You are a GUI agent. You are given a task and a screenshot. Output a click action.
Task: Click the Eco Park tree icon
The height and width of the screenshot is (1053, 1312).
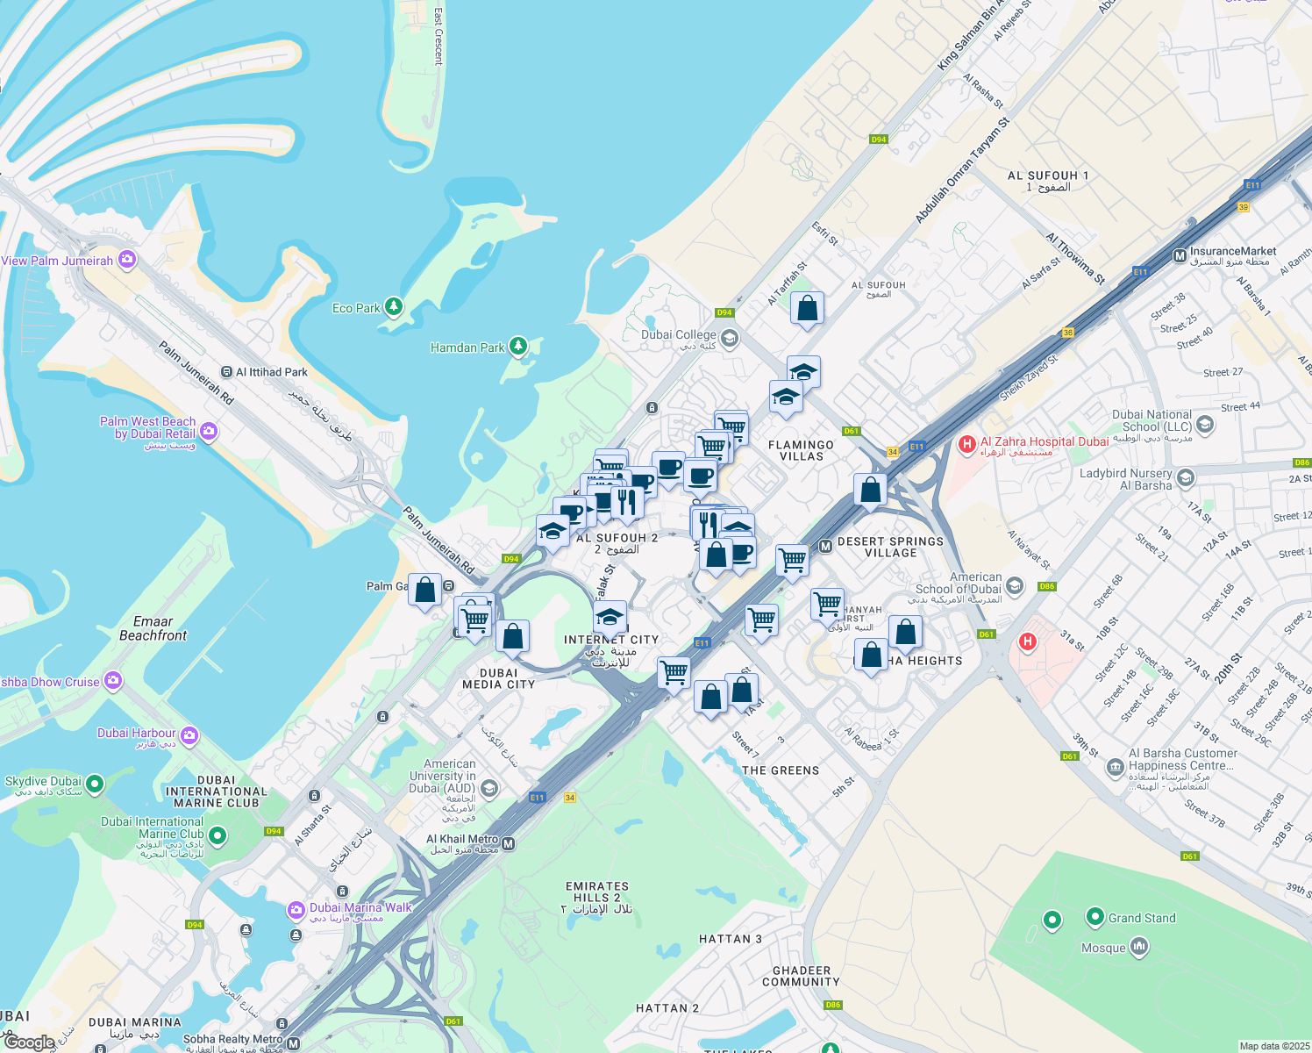pyautogui.click(x=394, y=306)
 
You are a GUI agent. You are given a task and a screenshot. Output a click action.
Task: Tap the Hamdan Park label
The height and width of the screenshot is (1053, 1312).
pyautogui.click(x=467, y=347)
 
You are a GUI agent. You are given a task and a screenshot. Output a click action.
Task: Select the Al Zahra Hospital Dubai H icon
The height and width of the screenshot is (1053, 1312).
pyautogui.click(x=967, y=445)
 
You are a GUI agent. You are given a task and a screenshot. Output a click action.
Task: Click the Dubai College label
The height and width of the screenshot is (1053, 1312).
pyautogui.click(x=678, y=334)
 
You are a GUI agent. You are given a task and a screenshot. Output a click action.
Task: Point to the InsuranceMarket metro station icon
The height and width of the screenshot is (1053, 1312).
pyautogui.click(x=1180, y=256)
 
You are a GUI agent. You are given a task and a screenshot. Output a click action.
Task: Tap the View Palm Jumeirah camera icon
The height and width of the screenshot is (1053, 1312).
pyautogui.click(x=128, y=259)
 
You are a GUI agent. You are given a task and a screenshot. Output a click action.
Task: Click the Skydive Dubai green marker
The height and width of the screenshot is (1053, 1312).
pyautogui.click(x=95, y=783)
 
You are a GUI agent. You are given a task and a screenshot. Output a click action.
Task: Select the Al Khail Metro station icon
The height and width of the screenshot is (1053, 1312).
pyautogui.click(x=509, y=843)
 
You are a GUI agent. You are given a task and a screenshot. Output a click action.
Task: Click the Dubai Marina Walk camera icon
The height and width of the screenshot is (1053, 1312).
pyautogui.click(x=296, y=910)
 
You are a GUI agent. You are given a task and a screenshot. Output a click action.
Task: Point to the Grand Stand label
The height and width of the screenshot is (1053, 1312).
pyautogui.click(x=1142, y=918)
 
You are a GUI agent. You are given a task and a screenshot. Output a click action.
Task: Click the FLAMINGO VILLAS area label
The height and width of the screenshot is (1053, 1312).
pyautogui.click(x=801, y=450)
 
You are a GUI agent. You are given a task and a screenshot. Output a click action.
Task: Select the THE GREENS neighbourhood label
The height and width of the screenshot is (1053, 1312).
pyautogui.click(x=781, y=770)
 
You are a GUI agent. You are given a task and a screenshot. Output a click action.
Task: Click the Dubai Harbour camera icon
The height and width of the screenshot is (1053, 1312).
pyautogui.click(x=189, y=734)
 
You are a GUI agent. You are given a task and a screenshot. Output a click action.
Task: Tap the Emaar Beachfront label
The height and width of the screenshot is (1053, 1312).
pyautogui.click(x=153, y=628)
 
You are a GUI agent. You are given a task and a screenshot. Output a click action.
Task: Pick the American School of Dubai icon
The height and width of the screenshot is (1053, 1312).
pyautogui.click(x=1014, y=586)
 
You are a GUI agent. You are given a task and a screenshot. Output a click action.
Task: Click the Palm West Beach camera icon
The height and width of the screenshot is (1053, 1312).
pyautogui.click(x=209, y=431)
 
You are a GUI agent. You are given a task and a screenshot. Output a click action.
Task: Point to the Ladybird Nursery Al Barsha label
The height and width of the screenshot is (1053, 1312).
pyautogui.click(x=1126, y=479)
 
